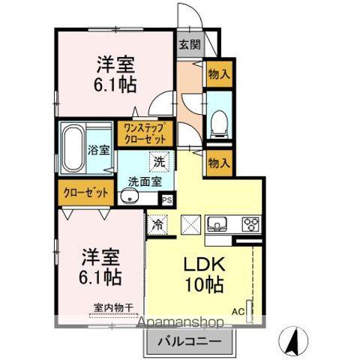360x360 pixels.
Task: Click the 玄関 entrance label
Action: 189,43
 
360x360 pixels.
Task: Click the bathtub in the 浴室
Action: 72,147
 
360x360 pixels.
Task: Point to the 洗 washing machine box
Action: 160,160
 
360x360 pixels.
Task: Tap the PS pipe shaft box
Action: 166,200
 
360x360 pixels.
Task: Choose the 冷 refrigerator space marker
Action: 158,223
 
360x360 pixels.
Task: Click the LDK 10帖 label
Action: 199,274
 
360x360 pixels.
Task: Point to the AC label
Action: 238,310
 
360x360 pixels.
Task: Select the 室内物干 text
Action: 112,307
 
